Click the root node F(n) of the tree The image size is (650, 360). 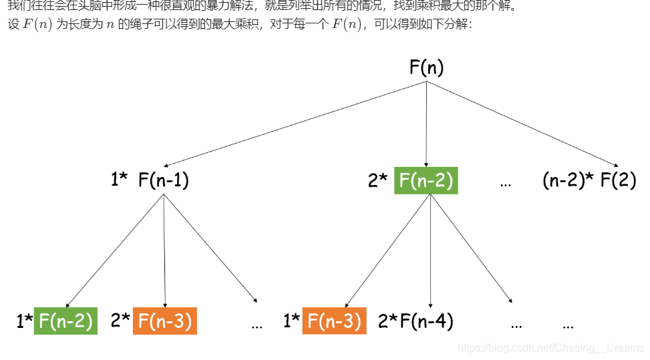point(426,67)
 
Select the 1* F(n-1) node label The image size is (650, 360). point(150,180)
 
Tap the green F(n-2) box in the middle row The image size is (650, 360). point(426,180)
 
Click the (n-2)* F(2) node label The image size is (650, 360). point(589,180)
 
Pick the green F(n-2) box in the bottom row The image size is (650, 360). point(65,321)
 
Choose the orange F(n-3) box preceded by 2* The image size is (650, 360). point(165,321)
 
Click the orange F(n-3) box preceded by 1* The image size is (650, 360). point(334,321)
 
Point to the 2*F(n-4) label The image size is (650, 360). point(416,321)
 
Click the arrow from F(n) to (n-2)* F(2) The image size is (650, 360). point(522,124)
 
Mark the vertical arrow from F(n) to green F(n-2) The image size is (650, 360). point(427,124)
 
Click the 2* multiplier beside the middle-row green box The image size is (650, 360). point(377,180)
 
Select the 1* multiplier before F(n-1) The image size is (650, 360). point(120,180)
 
